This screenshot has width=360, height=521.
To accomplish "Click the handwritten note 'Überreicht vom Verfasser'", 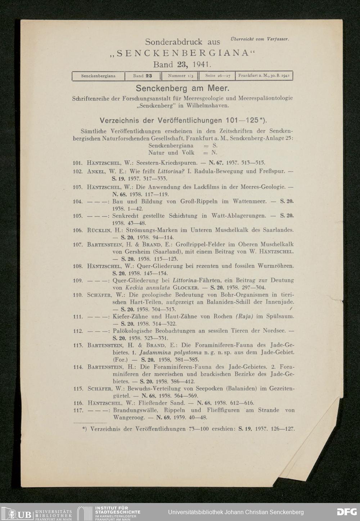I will point(259,39).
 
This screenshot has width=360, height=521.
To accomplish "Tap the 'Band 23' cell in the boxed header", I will point(143,76).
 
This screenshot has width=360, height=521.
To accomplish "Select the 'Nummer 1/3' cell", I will point(181,76).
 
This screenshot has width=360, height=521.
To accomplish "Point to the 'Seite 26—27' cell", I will point(217,76).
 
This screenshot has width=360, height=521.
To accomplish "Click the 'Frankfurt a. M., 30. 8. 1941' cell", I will point(264,76).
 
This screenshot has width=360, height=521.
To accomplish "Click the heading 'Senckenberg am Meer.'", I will point(183,88).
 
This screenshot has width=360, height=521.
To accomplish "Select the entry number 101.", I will point(78,162).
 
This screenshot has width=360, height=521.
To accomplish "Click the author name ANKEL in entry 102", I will point(95,172).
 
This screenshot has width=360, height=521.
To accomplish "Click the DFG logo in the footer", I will point(347,512).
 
